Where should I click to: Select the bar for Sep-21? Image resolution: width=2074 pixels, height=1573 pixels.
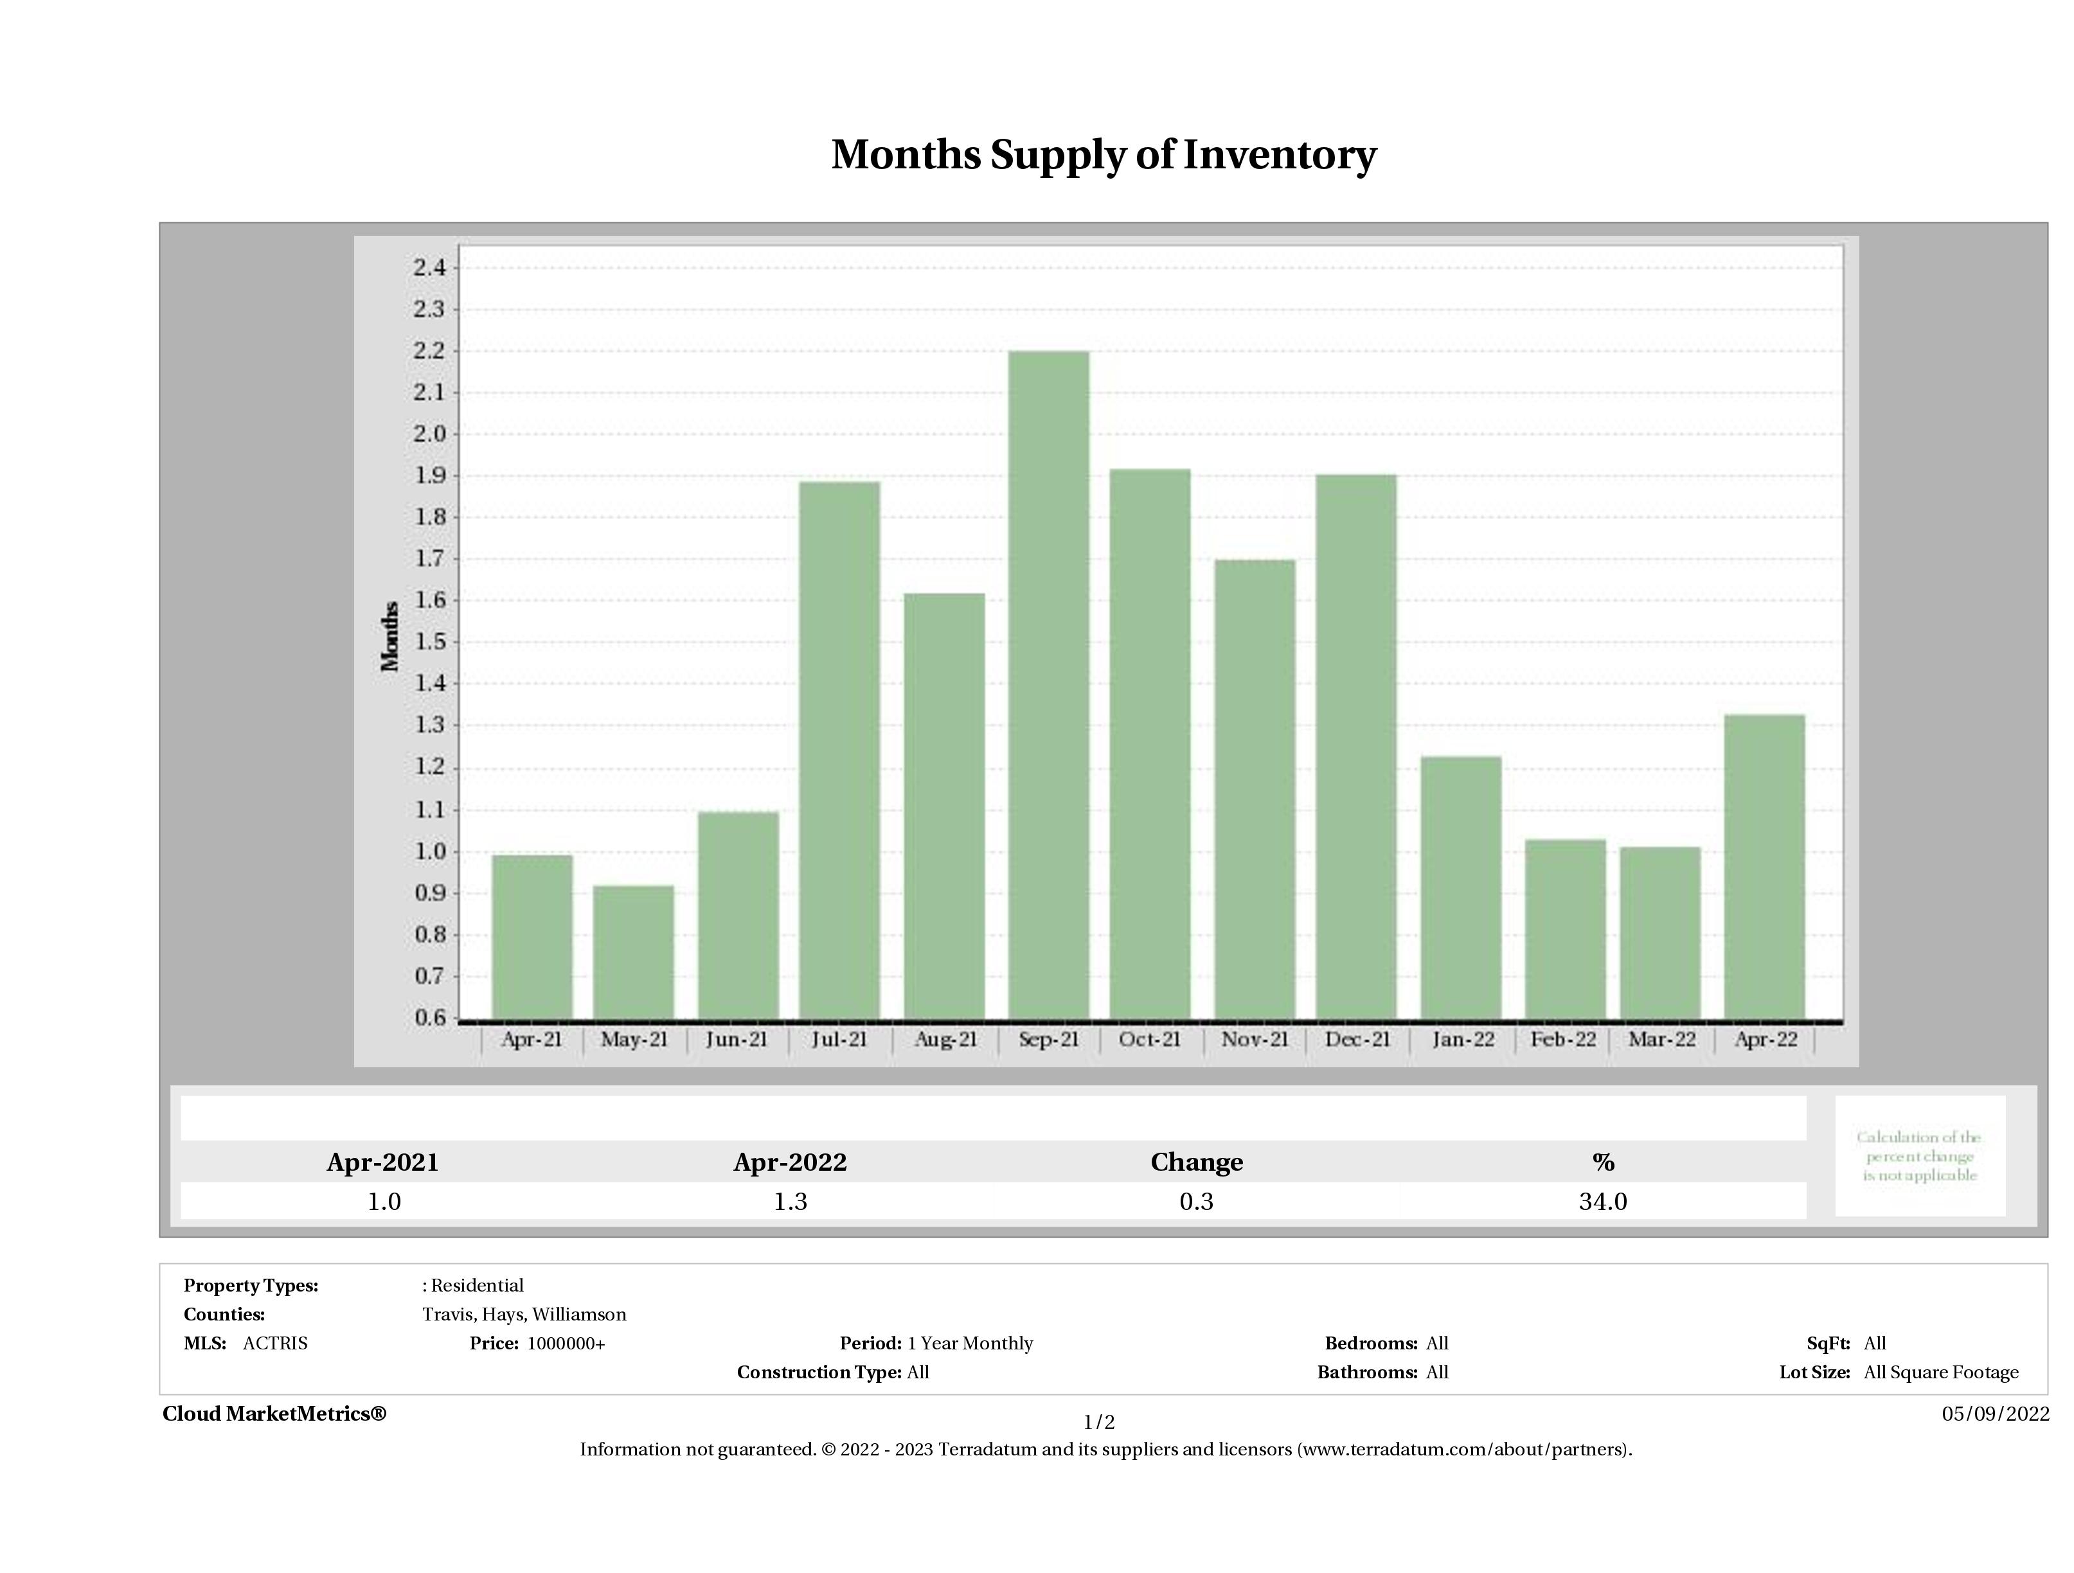1048,684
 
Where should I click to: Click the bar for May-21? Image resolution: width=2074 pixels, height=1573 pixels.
634,952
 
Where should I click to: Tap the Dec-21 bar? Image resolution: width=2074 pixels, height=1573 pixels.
1356,746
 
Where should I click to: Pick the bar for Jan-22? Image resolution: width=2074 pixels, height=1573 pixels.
1461,887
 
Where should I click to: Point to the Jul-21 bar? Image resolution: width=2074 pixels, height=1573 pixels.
839,750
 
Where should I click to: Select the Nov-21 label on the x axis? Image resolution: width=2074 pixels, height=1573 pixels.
1255,1040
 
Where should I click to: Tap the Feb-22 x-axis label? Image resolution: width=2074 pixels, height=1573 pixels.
1563,1040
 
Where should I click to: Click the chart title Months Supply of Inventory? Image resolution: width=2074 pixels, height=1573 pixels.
1104,155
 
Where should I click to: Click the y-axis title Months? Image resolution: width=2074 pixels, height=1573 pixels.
390,637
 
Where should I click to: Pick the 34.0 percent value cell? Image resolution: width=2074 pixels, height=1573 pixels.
1602,1202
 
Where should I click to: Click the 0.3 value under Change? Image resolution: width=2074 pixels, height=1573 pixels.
1197,1202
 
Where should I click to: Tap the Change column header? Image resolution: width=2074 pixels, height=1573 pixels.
1197,1162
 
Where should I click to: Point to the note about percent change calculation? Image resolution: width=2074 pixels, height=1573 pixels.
1919,1156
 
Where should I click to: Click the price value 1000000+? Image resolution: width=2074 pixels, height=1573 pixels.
566,1344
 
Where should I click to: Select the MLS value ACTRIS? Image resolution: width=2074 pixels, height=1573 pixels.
274,1344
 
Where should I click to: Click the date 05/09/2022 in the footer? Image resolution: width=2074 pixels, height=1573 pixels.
1995,1414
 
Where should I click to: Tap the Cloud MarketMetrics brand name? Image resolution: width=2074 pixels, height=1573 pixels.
274,1414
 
